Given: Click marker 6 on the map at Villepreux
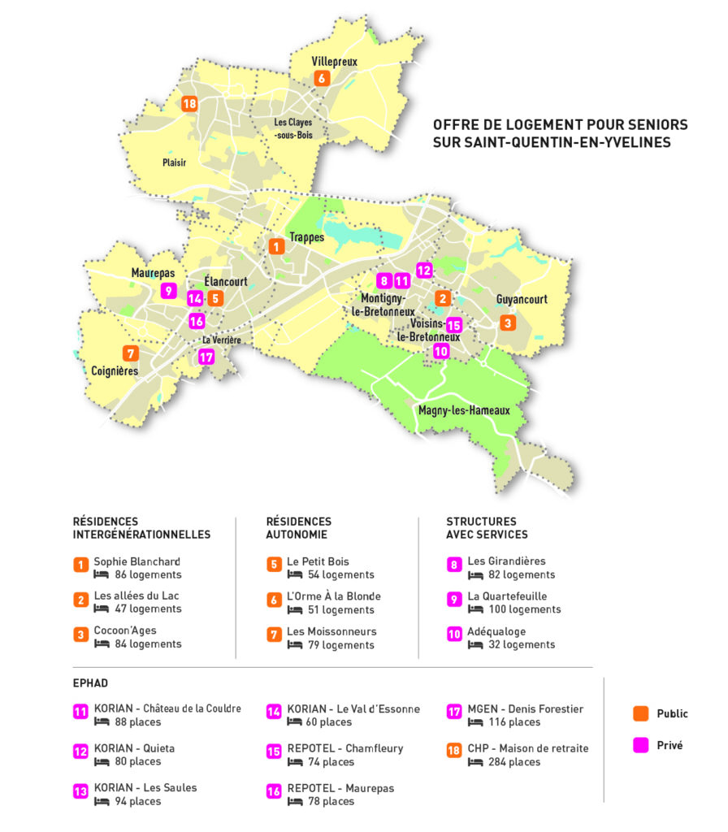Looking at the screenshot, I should click(x=322, y=78).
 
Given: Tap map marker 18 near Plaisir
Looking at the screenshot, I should click(x=189, y=103).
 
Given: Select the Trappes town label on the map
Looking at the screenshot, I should click(x=306, y=237).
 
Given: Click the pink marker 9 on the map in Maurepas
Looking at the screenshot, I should click(x=169, y=290).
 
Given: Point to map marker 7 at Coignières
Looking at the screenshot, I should click(x=128, y=353).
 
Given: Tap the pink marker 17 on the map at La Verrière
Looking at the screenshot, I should click(x=206, y=356).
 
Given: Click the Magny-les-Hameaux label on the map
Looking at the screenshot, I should click(x=464, y=410).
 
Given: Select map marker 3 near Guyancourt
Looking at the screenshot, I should click(x=508, y=323).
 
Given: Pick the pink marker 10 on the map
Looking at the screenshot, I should click(x=441, y=352).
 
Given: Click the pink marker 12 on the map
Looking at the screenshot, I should click(x=424, y=270).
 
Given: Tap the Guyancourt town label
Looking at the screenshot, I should click(x=522, y=299).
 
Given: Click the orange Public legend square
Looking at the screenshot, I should click(x=641, y=713).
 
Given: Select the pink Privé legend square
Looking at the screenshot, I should click(x=641, y=744).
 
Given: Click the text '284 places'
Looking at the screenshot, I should click(x=513, y=761).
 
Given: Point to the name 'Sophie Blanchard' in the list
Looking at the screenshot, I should click(x=136, y=561).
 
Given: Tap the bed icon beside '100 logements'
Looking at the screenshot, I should click(x=475, y=609).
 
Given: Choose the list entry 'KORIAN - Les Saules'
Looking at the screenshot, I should click(x=145, y=786).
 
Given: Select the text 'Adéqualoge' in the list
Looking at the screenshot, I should click(x=496, y=630).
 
